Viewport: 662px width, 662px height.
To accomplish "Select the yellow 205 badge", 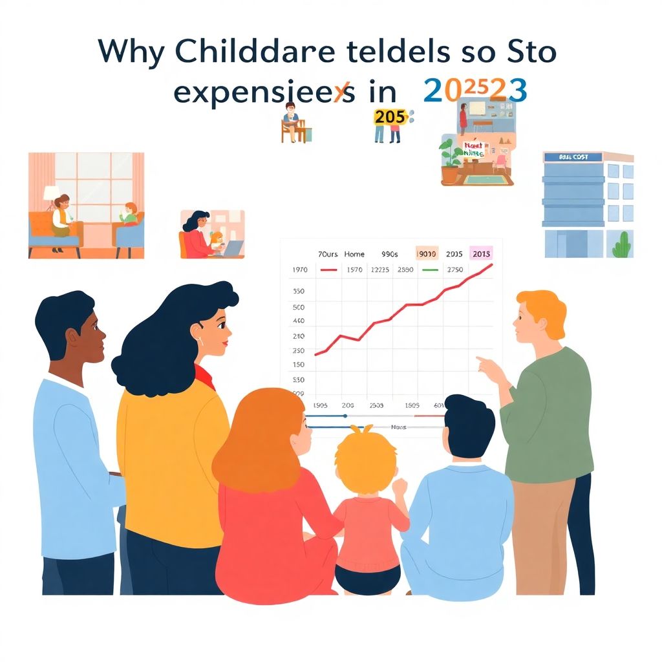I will (390, 117).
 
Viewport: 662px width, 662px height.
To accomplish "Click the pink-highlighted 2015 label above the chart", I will (482, 254).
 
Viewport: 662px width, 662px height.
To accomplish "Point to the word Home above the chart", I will (355, 255).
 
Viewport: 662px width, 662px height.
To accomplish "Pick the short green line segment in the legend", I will (430, 270).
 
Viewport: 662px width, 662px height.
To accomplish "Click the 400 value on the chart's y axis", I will (299, 321).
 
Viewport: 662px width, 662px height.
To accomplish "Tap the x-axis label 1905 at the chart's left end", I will (320, 405).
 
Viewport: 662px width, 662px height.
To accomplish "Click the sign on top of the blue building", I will (572, 157).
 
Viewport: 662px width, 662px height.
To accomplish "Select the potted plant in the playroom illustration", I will (450, 158).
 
